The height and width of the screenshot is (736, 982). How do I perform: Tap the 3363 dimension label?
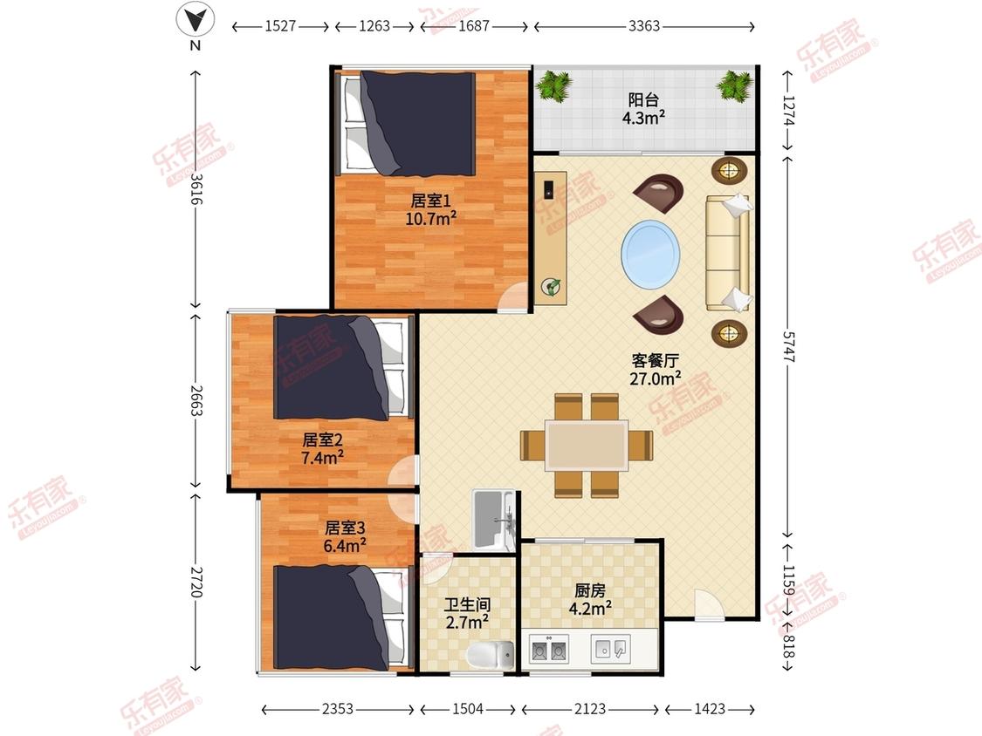[644, 26]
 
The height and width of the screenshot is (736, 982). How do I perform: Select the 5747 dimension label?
[788, 345]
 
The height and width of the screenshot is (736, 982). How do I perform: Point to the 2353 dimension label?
[338, 709]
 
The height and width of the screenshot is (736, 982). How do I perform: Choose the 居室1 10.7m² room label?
[430, 209]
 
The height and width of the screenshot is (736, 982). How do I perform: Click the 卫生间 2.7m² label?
[467, 613]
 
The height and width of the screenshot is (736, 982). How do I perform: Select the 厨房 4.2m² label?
[590, 600]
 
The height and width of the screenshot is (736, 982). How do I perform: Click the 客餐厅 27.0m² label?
[655, 369]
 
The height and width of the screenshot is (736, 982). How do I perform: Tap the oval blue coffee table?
[650, 254]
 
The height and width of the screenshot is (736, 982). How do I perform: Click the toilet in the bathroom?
[491, 655]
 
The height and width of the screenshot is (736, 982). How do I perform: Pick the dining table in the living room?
[587, 445]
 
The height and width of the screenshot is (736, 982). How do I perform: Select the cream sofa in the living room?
[728, 252]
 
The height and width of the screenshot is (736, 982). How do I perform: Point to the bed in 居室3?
[342, 617]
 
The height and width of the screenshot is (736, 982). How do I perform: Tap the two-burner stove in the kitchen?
[549, 649]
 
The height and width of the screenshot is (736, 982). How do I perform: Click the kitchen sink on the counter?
[611, 649]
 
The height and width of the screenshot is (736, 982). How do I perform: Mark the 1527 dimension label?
[280, 26]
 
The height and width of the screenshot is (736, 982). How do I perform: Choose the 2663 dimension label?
[196, 400]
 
